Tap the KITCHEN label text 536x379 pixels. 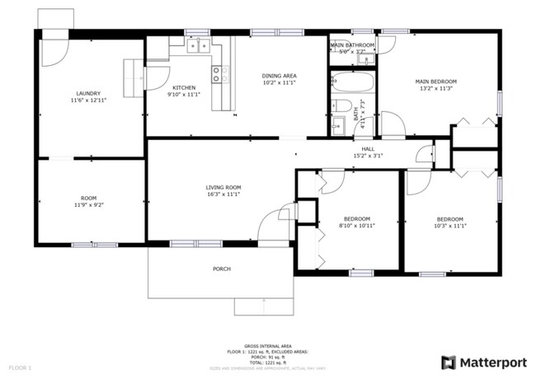pos(183,87)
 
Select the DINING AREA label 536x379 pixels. pos(280,76)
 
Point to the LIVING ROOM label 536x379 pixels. pos(223,187)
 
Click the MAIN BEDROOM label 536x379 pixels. pos(435,82)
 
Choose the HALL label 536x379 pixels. pos(368,148)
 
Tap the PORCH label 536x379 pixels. pos(221,269)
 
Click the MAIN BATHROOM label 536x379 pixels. pos(353,44)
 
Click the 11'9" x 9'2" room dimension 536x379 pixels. pos(88,205)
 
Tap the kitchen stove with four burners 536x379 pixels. pos(220,75)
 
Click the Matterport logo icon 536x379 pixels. pos(448,361)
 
